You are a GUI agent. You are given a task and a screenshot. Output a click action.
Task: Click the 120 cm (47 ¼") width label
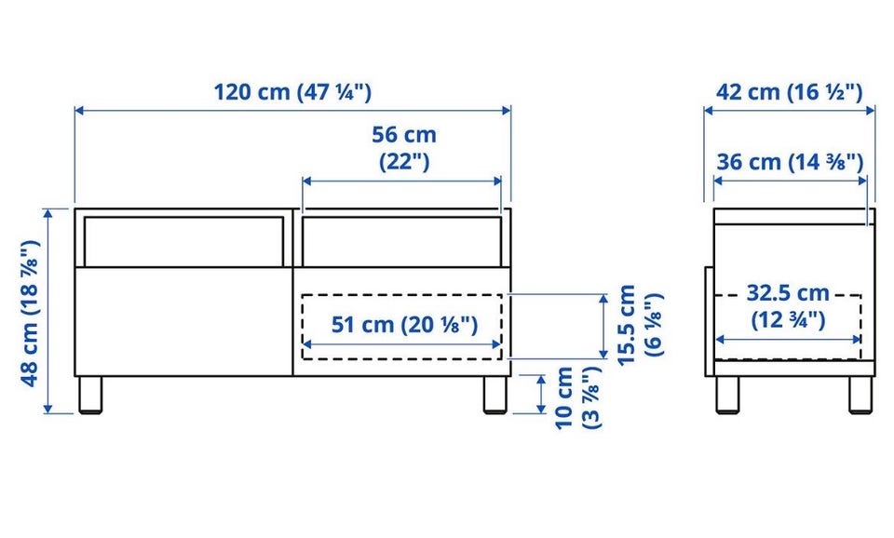[292, 92]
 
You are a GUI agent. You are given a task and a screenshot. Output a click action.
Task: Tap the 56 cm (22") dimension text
[404, 148]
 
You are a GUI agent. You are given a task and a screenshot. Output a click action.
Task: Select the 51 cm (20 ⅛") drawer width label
[405, 325]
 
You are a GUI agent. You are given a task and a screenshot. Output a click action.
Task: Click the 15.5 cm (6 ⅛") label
[641, 325]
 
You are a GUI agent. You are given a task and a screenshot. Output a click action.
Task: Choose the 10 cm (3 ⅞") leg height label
[577, 397]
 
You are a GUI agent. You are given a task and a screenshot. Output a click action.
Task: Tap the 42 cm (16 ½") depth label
[790, 92]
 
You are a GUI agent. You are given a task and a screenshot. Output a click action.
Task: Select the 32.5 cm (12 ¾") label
[788, 306]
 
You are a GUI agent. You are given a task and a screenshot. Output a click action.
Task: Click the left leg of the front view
[90, 395]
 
